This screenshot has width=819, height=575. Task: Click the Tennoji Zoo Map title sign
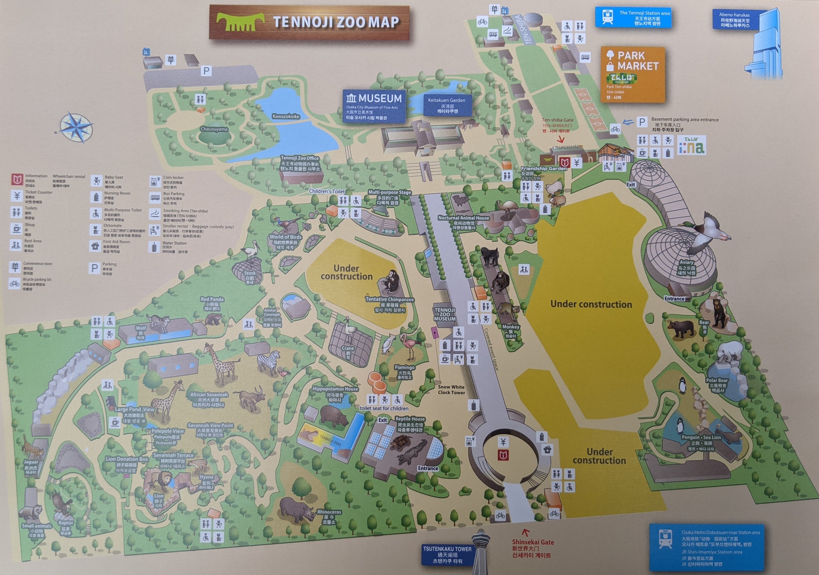309,22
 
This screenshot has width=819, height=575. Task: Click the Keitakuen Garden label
447,105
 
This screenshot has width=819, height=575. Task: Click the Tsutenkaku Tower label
447,554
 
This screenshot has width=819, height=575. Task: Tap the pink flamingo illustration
409,346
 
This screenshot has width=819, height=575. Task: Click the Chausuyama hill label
214,129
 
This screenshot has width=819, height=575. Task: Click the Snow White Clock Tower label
451,390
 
